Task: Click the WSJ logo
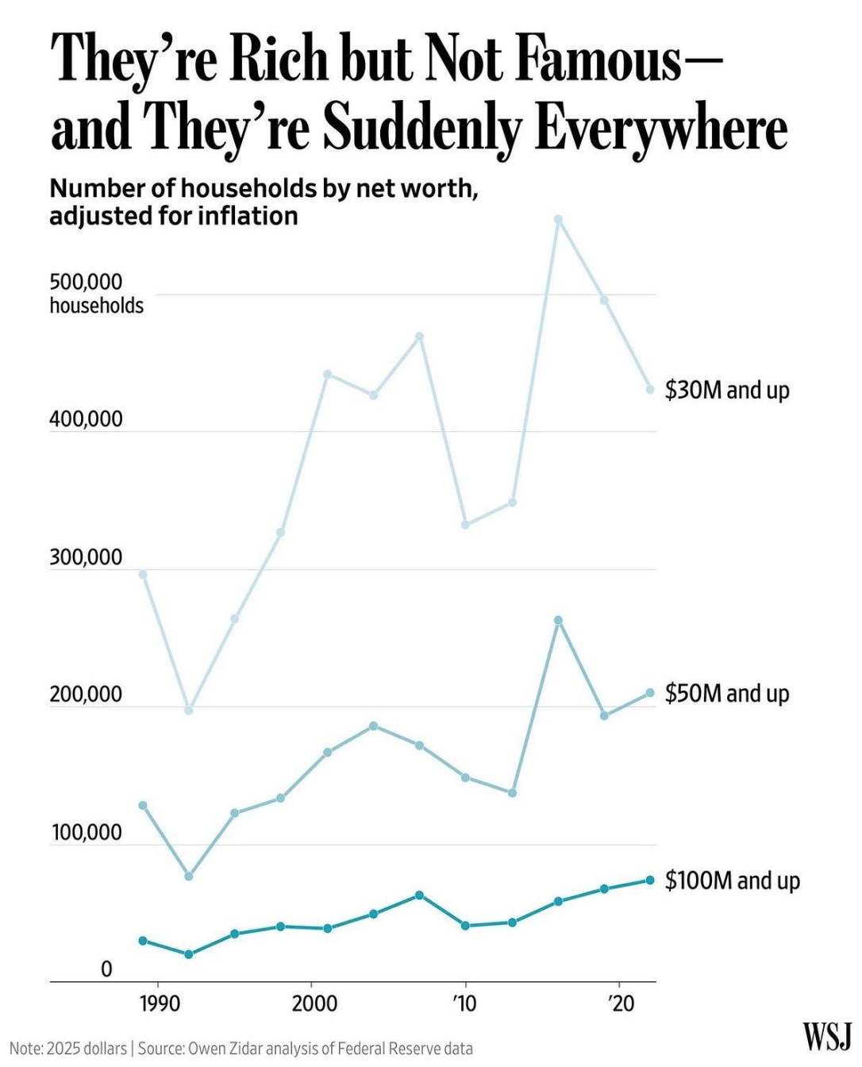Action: [x=827, y=1037]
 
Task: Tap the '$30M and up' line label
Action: [x=726, y=390]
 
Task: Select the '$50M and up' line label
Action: [x=726, y=693]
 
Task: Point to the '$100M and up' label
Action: [x=732, y=880]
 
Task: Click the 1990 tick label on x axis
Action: [x=160, y=1004]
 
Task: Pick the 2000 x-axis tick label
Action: [x=314, y=1004]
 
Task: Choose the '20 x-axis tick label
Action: [x=620, y=1004]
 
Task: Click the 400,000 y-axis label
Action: [x=86, y=419]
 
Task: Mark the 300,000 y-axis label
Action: [x=86, y=557]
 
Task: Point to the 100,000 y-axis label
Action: [x=87, y=833]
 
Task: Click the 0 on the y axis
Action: [x=106, y=969]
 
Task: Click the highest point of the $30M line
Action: [x=558, y=219]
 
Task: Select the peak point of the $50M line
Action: [x=558, y=620]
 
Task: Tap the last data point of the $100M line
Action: [x=649, y=880]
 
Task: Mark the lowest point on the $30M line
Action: [x=189, y=710]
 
